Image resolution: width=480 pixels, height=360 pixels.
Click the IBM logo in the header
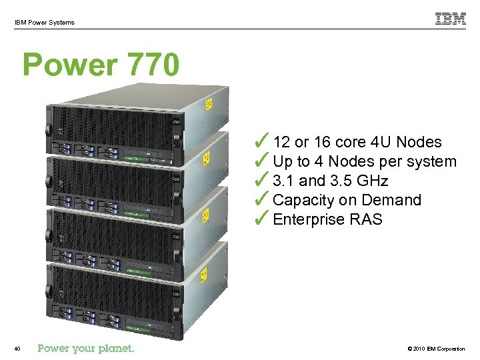(x=451, y=19)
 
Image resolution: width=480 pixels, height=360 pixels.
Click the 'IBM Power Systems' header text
(x=45, y=23)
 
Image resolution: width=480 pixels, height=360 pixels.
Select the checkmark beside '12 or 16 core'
(x=262, y=141)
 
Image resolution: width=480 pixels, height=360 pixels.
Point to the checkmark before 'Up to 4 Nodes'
(x=262, y=160)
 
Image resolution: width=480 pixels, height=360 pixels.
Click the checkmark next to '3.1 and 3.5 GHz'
(x=262, y=179)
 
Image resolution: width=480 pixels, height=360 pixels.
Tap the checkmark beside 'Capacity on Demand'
(x=262, y=199)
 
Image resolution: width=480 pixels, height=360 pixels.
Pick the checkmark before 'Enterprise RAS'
(x=262, y=218)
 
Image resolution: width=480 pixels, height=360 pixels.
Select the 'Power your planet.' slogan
(x=86, y=348)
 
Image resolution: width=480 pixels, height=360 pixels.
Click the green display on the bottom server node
(x=141, y=326)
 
